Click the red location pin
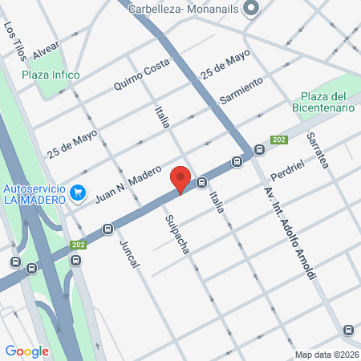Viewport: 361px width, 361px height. (180, 179)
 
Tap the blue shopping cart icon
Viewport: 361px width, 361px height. (78, 193)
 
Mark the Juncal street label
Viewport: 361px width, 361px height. (129, 253)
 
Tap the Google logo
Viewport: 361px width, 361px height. (26, 351)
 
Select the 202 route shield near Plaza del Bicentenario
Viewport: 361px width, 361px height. (278, 139)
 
